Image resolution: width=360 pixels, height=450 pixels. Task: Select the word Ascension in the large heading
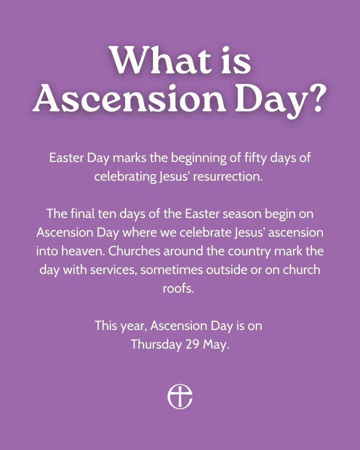coord(129,97)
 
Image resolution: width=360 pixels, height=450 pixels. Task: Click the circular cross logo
coord(180,396)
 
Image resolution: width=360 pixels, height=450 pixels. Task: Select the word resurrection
coord(227,176)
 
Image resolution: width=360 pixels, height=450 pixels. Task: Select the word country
coord(249,252)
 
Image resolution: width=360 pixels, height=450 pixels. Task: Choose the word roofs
coord(178,288)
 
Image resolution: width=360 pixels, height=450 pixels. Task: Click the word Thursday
coord(156,344)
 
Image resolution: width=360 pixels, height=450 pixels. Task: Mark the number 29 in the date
coord(192,344)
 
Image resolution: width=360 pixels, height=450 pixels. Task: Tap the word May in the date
coord(216,345)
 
